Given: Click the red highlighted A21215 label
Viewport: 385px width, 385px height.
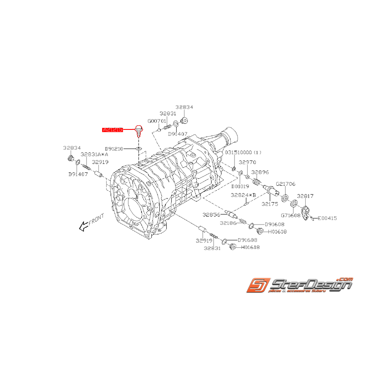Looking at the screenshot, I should (x=113, y=130).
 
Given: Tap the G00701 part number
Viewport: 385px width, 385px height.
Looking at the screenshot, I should (x=157, y=121).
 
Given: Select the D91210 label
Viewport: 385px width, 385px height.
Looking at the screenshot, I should (x=114, y=148).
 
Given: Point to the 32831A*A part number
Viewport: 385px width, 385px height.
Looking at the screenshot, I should (x=94, y=154).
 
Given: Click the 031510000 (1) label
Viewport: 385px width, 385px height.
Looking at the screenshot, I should (x=244, y=153).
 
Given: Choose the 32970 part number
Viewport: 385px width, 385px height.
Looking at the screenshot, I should (x=247, y=163).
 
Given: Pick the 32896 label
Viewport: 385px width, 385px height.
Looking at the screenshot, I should (x=261, y=172).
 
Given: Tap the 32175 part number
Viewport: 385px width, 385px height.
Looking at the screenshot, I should (x=270, y=203).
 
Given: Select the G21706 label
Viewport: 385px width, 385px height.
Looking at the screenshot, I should (x=285, y=184).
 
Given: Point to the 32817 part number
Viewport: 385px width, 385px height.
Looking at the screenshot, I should (x=305, y=196).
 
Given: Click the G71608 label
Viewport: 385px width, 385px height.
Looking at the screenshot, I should (x=291, y=215).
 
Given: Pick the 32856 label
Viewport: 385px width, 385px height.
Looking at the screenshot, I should (x=211, y=215).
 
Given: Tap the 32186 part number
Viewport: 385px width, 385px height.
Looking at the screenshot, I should (x=228, y=223).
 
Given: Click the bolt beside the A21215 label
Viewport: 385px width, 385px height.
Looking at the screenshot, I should (x=139, y=132).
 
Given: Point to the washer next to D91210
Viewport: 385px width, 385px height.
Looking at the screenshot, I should (x=139, y=148).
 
